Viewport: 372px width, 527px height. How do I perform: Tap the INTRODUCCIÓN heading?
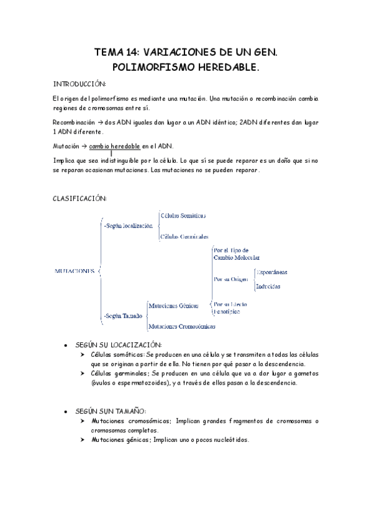pyautogui.click(x=80, y=84)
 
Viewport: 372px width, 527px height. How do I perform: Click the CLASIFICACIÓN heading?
pyautogui.click(x=80, y=198)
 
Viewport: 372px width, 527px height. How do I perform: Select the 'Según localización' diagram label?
pyautogui.click(x=129, y=226)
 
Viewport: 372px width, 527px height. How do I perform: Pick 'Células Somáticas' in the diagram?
pyautogui.click(x=183, y=216)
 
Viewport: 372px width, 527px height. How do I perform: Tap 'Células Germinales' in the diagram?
pyautogui.click(x=184, y=237)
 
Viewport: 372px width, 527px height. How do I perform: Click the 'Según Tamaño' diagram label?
pyautogui.click(x=123, y=316)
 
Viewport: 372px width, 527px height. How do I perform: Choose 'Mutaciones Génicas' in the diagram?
pyautogui.click(x=173, y=306)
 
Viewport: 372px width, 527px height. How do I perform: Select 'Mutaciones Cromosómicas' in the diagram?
pyautogui.click(x=181, y=326)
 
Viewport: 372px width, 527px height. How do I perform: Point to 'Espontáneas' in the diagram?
pyautogui.click(x=272, y=272)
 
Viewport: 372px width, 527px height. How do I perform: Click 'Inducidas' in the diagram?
pyautogui.click(x=268, y=286)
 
